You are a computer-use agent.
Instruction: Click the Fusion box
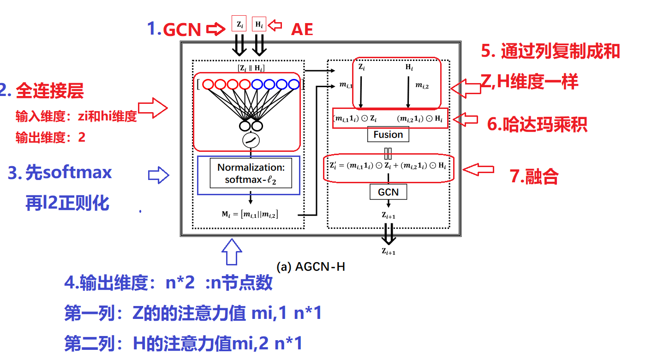point(388,135)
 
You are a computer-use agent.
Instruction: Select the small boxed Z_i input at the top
point(239,24)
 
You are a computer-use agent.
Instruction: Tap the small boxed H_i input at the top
point(259,24)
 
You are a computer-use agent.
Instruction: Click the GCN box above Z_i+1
point(388,192)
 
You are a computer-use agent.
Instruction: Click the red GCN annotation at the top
point(182,30)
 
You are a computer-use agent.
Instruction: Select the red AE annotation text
point(302,30)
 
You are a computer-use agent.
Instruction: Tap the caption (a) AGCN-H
point(311,266)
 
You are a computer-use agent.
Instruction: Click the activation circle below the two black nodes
point(251,139)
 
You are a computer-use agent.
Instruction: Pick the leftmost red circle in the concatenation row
point(208,84)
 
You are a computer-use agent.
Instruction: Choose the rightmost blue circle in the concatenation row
point(294,84)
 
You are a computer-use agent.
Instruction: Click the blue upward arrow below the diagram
point(232,252)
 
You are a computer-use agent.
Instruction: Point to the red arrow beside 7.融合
point(479,170)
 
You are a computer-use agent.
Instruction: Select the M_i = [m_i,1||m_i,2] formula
point(250,214)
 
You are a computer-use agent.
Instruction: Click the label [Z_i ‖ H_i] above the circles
point(251,68)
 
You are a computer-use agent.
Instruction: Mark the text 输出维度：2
point(50,138)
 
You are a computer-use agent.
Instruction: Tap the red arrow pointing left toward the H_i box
point(275,25)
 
